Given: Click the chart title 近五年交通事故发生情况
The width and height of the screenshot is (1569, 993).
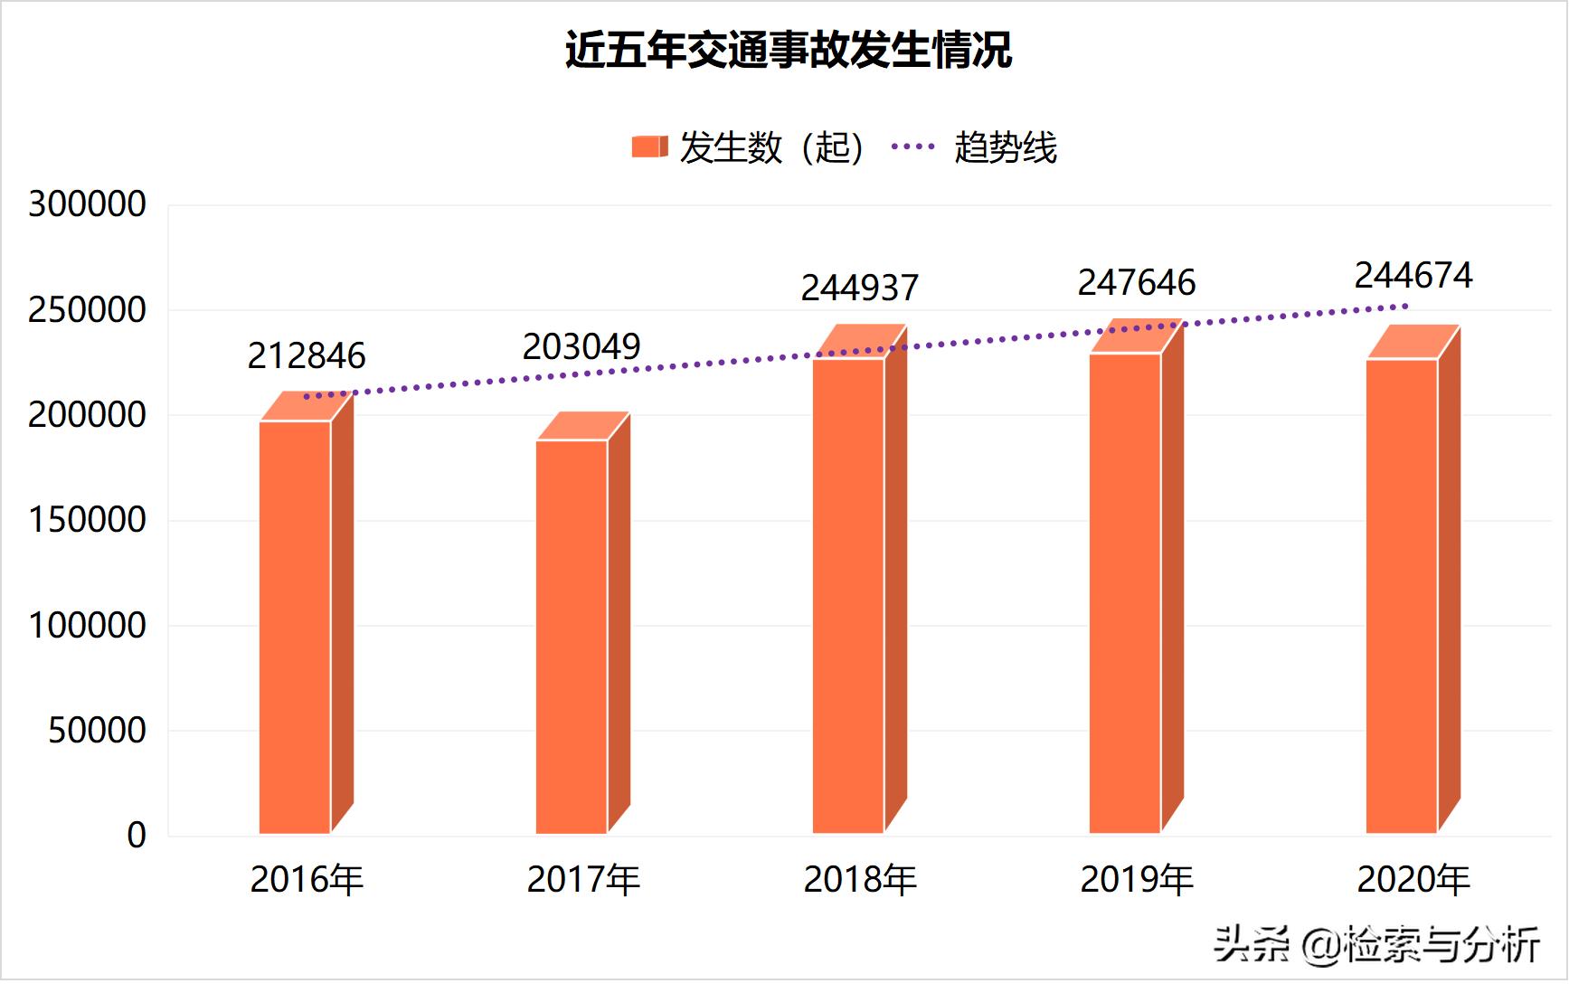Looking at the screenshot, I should [x=788, y=50].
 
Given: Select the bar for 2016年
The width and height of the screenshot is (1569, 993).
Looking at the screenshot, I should [x=296, y=624].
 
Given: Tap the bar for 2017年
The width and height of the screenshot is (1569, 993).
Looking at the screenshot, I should [x=572, y=633].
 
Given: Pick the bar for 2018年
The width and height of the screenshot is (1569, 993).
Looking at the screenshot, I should [x=848, y=592].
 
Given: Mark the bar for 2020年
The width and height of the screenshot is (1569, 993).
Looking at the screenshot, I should [x=1402, y=592].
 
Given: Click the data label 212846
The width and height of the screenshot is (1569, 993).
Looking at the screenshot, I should [x=307, y=356].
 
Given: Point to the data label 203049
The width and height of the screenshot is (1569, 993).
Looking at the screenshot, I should [x=581, y=346].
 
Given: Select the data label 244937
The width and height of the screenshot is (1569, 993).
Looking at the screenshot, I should [x=860, y=288].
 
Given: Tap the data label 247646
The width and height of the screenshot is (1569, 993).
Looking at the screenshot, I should [x=1137, y=283].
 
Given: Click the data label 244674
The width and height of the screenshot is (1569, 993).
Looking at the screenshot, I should [x=1413, y=276].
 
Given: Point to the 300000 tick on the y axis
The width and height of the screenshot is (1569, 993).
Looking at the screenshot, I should [x=87, y=204].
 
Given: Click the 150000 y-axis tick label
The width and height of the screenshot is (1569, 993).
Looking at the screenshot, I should [x=87, y=520].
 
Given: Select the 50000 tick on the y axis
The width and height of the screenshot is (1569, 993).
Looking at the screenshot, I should [x=97, y=731].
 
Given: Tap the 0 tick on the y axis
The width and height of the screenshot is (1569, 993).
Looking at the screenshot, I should [x=137, y=836].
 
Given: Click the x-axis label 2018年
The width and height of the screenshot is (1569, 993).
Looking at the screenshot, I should [x=860, y=880].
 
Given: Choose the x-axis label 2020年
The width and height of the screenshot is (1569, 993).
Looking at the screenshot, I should [x=1413, y=880].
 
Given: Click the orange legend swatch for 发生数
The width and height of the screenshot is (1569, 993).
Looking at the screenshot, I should [x=649, y=147].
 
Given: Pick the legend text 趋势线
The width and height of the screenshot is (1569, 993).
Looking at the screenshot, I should [x=1006, y=147].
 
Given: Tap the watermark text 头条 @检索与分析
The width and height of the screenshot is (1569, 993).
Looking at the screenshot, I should [x=1375, y=945].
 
